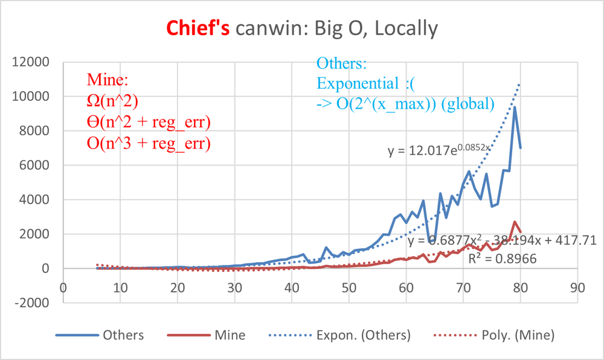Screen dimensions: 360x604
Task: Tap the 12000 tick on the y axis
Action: (32, 62)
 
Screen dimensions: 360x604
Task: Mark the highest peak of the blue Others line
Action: (515, 108)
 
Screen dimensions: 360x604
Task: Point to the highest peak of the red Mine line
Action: (515, 222)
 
